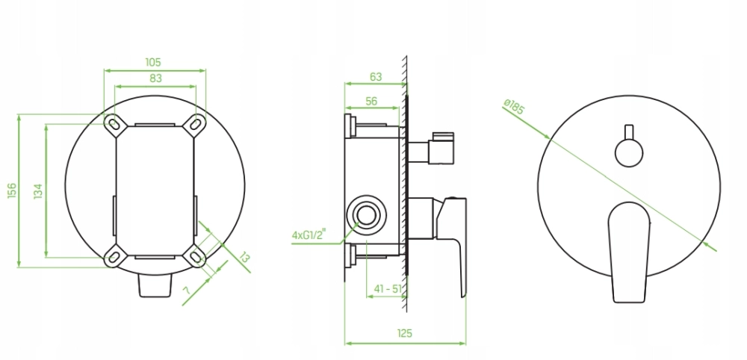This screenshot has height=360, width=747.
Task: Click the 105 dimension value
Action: (153, 63)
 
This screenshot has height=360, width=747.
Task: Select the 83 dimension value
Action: (156, 78)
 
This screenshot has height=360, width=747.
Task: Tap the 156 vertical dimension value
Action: (12, 190)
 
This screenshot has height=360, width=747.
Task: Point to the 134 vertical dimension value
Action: (38, 191)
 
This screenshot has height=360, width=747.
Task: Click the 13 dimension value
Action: (244, 258)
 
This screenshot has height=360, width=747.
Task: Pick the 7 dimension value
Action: (186, 290)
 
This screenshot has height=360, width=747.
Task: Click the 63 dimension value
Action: (376, 77)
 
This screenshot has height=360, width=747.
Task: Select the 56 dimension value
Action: (371, 101)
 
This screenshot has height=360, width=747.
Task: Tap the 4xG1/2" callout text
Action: (309, 235)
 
